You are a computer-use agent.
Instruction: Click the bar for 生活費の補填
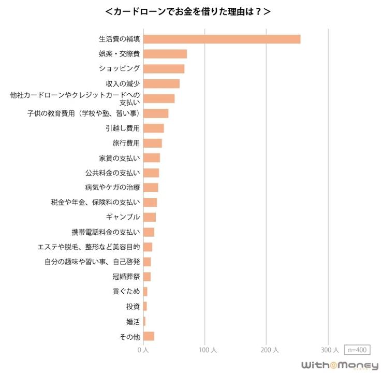[x=222, y=39]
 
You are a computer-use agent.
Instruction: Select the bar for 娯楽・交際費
[x=165, y=54]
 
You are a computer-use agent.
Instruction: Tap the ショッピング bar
[x=164, y=68]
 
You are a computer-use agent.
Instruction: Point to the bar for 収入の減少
[x=161, y=83]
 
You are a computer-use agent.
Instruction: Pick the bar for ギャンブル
[x=149, y=217]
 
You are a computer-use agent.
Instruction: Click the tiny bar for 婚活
[x=144, y=321]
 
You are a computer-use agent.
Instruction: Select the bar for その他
[x=149, y=336]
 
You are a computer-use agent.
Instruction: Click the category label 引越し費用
[x=126, y=128]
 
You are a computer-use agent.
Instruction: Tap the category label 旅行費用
[x=126, y=143]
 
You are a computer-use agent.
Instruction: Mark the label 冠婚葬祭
[x=126, y=277]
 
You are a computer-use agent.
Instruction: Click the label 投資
[x=133, y=306]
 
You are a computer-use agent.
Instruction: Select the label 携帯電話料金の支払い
[x=106, y=232]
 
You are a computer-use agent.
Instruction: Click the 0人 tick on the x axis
[x=143, y=350]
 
